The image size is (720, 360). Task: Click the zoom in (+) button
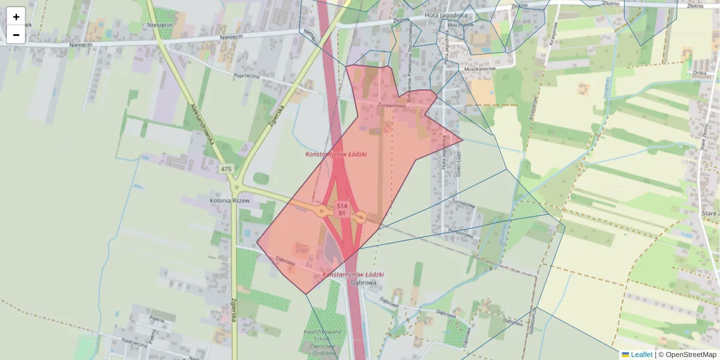point(16,16)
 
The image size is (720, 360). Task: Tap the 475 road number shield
point(226,169)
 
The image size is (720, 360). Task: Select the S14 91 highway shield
point(341,209)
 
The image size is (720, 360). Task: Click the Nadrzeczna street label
point(134,344)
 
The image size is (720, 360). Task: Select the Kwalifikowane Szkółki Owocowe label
point(323,342)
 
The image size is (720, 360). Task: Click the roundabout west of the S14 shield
point(322,211)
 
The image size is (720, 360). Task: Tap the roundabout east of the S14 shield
point(362,217)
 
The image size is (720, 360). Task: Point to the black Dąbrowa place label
point(363,282)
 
